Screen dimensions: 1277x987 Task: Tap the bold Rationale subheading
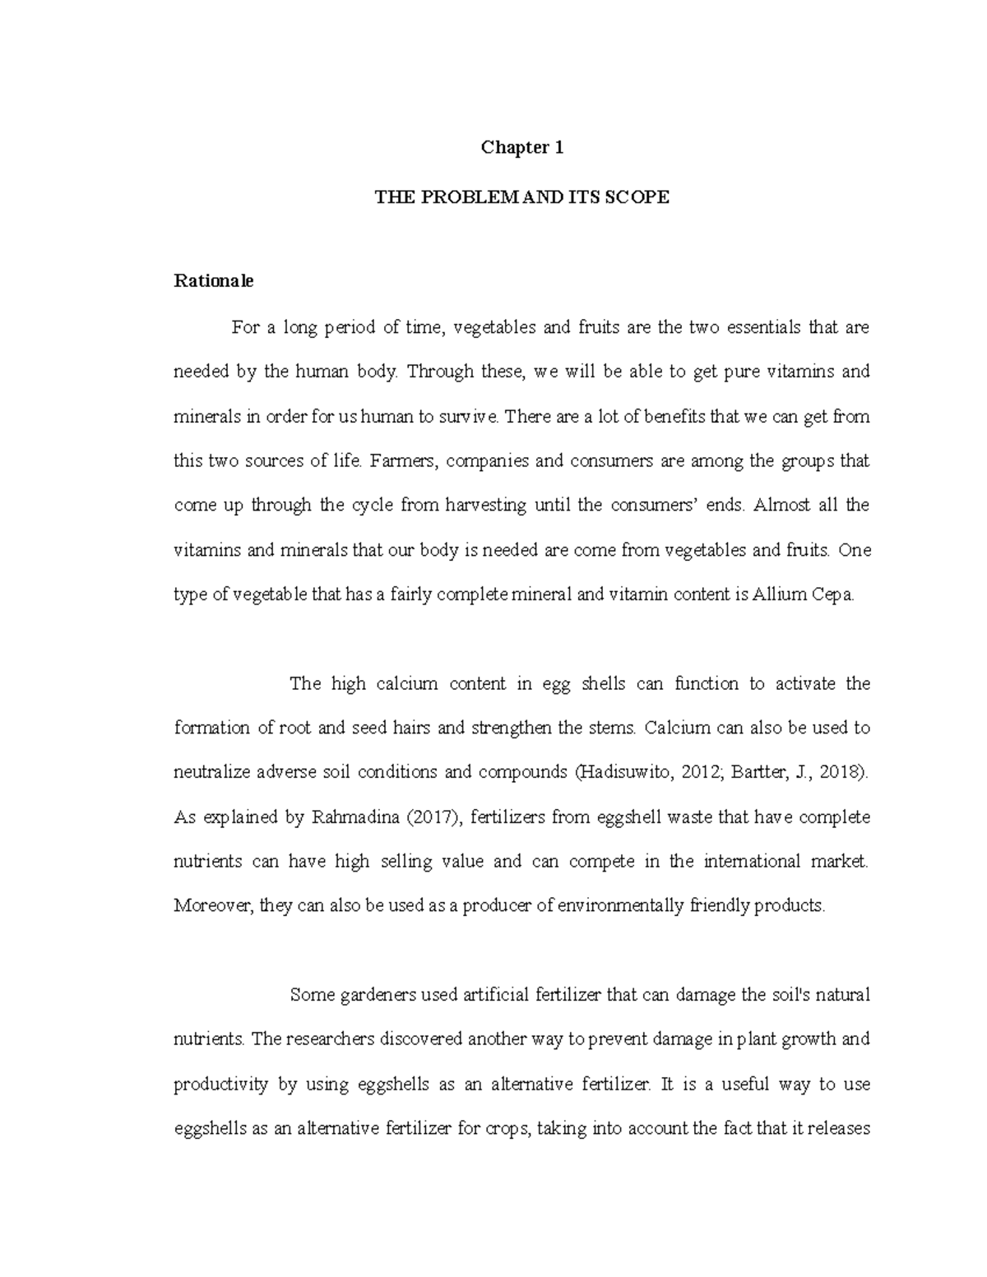click(x=214, y=281)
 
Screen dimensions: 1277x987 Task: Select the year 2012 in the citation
click(x=689, y=773)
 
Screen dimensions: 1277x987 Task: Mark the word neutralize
click(x=211, y=773)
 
